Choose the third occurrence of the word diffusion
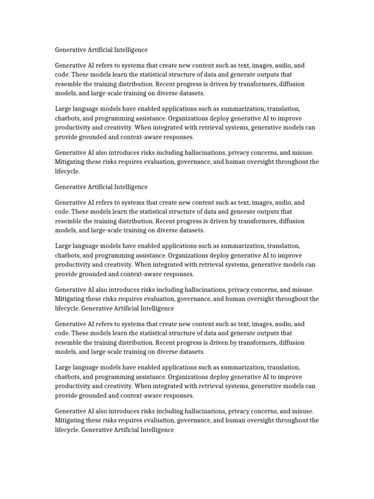click(291, 343)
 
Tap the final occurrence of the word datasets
click(192, 352)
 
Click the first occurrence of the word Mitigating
click(71, 162)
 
